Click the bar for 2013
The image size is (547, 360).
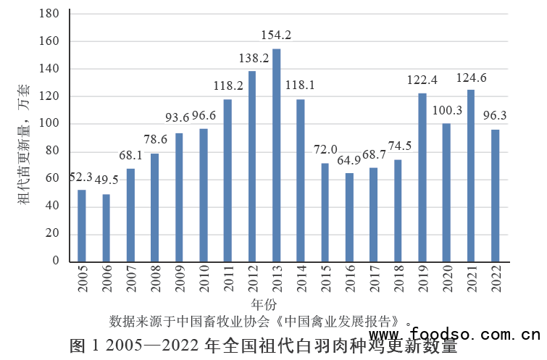(x=276, y=155)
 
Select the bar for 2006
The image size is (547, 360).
(x=106, y=227)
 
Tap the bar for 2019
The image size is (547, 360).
(x=422, y=177)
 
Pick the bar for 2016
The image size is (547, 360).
(x=349, y=217)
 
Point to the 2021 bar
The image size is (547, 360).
(x=471, y=175)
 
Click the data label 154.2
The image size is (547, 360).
(x=276, y=35)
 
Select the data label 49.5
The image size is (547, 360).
(x=106, y=180)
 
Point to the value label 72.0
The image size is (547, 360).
(x=325, y=149)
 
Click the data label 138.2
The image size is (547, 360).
(x=252, y=57)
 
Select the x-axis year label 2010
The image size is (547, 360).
(x=203, y=279)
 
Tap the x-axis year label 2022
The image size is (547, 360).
(x=496, y=279)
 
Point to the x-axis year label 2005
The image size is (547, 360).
(x=82, y=279)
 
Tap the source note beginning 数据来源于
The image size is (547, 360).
(x=258, y=320)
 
